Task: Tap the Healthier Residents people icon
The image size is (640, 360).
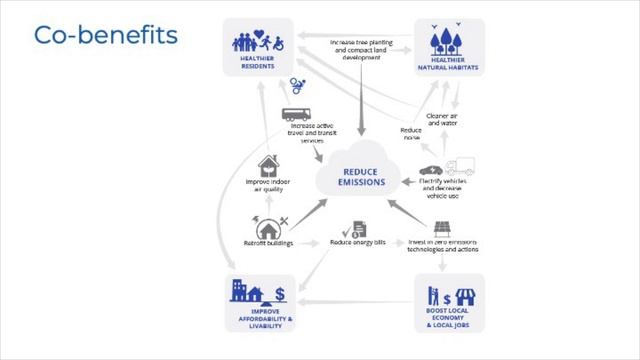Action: [257, 42]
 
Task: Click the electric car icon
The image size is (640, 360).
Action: [428, 169]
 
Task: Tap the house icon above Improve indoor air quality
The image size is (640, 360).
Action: [268, 165]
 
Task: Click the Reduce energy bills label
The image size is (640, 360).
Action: [356, 243]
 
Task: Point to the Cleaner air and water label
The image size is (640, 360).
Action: [441, 119]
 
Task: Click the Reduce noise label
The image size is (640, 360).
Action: [411, 134]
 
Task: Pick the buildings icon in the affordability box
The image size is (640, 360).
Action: [245, 292]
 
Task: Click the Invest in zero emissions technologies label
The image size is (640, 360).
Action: [442, 245]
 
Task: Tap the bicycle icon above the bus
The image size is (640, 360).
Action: [297, 86]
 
